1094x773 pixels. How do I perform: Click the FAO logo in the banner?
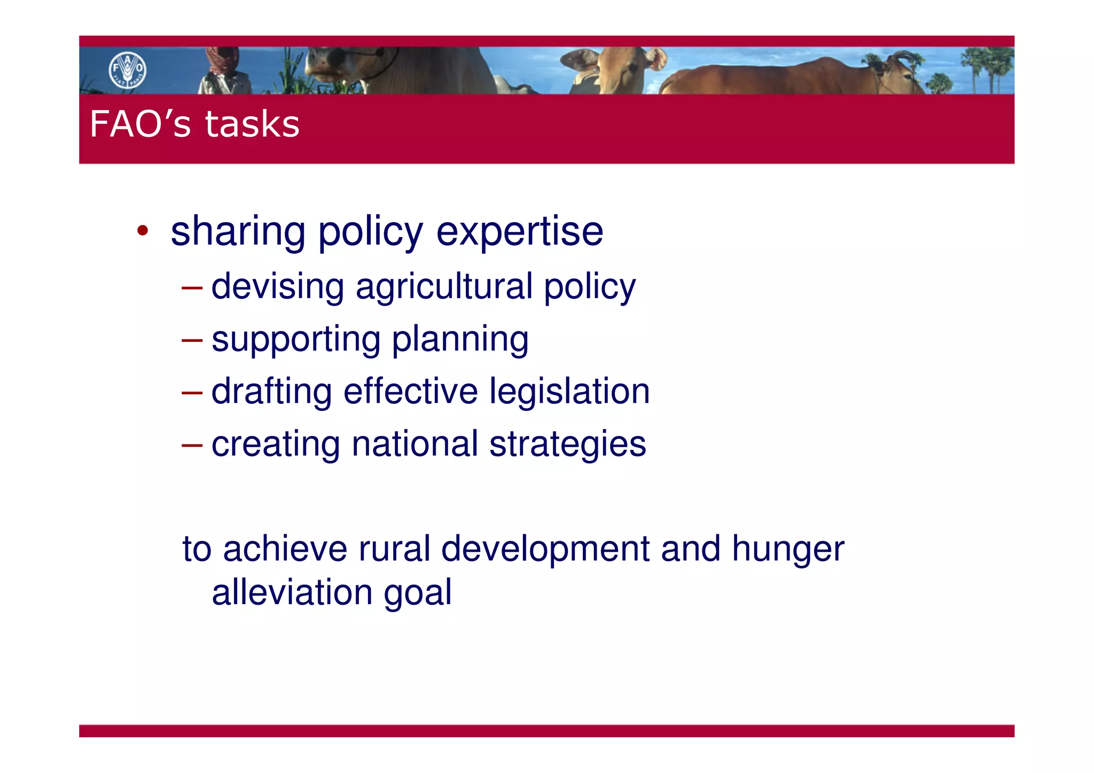coord(128,70)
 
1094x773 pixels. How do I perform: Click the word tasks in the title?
coord(252,124)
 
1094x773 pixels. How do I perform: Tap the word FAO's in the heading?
coord(140,124)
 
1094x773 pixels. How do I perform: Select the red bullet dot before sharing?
coord(142,231)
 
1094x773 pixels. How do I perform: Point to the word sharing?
coord(238,232)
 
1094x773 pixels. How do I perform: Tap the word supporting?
coord(296,340)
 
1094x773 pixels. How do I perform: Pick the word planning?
coord(460,340)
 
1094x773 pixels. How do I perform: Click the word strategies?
coord(567,444)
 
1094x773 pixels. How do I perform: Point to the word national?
coord(415,443)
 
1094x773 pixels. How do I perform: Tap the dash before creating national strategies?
coord(192,444)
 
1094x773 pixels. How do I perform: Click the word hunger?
coord(788,550)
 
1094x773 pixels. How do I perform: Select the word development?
coord(545,550)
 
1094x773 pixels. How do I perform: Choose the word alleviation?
coord(292,592)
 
